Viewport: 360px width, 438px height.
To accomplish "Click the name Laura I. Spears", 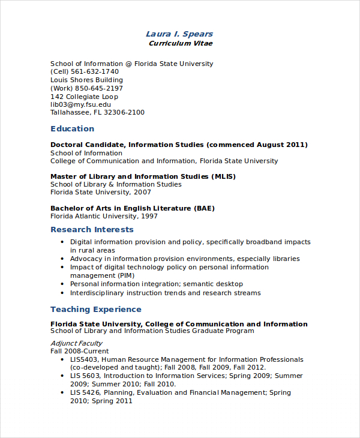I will (179, 34).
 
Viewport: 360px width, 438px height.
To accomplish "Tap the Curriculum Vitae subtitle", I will (180, 43).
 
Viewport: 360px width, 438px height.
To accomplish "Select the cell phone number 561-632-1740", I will (97, 71).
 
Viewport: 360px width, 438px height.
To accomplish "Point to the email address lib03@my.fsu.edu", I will (80, 104).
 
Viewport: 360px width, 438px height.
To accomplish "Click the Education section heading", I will (72, 128).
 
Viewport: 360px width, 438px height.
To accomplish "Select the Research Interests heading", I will (92, 230).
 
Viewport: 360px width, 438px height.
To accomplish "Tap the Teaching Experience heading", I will (96, 310).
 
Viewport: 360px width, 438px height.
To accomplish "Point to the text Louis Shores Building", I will (86, 80).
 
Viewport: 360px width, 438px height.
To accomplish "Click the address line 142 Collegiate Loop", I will (84, 97).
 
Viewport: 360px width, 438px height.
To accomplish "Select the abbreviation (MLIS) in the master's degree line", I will (223, 176).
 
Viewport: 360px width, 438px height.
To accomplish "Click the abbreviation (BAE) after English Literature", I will (204, 208).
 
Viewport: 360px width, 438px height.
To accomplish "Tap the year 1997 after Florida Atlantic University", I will (148, 216).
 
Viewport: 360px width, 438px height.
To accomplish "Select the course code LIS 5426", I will (84, 392).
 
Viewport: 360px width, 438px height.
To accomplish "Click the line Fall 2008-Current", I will (80, 351).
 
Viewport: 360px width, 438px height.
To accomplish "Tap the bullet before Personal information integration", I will (62, 284).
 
